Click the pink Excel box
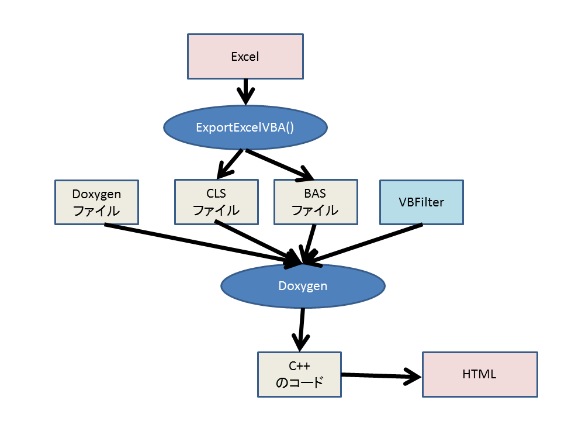tap(245, 56)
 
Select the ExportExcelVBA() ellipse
tap(245, 127)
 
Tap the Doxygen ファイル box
tap(96, 202)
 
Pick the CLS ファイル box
tap(216, 202)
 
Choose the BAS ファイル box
tap(315, 202)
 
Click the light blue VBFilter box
tap(421, 202)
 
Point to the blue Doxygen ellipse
tap(303, 285)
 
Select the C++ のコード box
tap(299, 374)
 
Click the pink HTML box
tap(479, 374)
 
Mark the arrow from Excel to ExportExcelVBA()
tap(245, 90)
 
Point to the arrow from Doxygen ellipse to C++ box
tap(302, 327)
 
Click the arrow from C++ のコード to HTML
tap(380, 376)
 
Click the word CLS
tap(216, 194)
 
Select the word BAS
tap(315, 194)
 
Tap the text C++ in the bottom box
tap(299, 367)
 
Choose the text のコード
tap(299, 383)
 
